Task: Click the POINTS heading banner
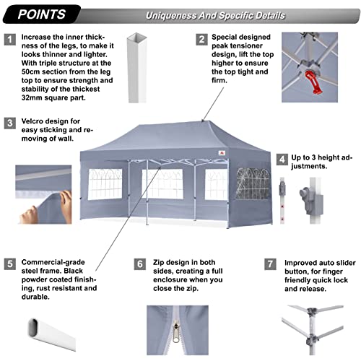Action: pyautogui.click(x=43, y=14)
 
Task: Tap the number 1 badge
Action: pyautogui.click(x=10, y=39)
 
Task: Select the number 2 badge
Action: pyautogui.click(x=204, y=39)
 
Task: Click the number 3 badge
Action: pyautogui.click(x=10, y=122)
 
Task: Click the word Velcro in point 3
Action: pyautogui.click(x=34, y=122)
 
